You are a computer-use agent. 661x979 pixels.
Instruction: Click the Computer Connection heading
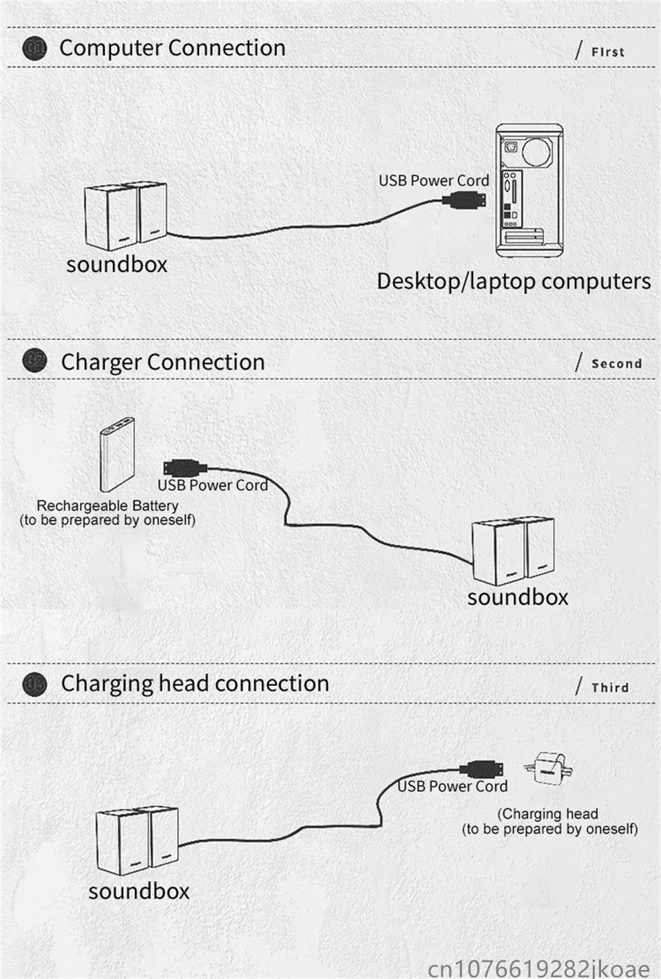(x=172, y=48)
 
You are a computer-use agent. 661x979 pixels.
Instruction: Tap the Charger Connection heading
(x=162, y=362)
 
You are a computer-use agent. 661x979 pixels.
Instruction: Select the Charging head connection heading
(x=195, y=683)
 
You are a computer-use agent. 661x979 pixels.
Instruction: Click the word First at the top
(x=607, y=52)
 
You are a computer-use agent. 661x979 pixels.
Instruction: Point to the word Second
(x=616, y=363)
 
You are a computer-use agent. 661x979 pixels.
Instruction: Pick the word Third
(x=610, y=687)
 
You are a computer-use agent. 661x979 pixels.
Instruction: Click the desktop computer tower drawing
(x=527, y=191)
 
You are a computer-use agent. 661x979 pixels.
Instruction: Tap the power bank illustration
(x=118, y=454)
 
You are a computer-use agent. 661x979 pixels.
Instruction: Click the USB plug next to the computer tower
(x=465, y=201)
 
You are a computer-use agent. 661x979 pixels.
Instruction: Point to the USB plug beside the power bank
(x=185, y=468)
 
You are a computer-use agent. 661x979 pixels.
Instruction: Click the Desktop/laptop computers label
(x=514, y=281)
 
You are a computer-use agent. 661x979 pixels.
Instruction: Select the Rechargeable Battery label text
(x=107, y=506)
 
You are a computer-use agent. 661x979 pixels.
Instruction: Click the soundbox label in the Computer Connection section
(x=117, y=264)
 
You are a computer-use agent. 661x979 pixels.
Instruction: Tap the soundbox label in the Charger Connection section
(x=518, y=596)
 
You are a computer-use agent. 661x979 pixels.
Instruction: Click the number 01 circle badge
(x=34, y=48)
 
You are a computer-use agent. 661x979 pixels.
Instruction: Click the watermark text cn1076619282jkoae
(x=538, y=967)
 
